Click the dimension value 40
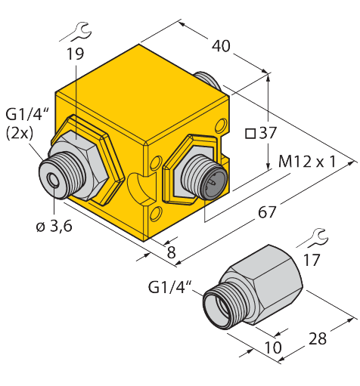[221, 46]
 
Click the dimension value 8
[171, 253]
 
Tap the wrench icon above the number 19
[76, 32]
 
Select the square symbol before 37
[250, 134]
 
